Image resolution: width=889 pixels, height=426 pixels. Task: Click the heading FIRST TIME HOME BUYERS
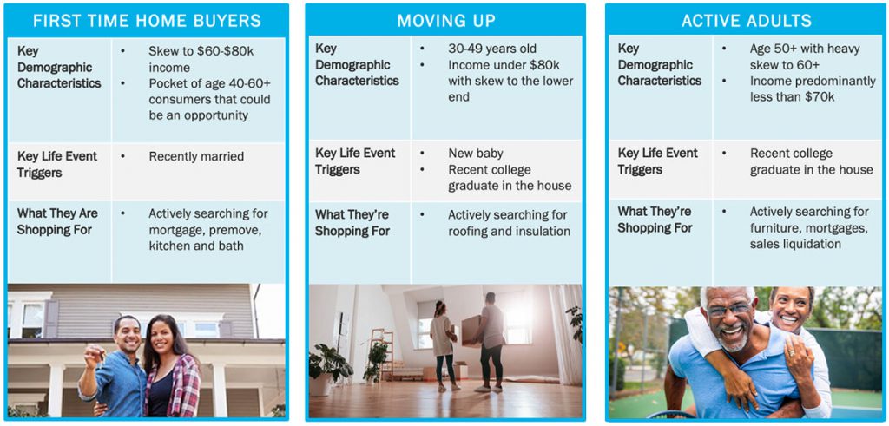tap(147, 21)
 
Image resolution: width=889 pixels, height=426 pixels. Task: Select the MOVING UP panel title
tap(446, 21)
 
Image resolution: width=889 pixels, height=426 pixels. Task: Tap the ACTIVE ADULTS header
tap(747, 21)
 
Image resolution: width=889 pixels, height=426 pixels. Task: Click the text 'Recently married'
tap(196, 156)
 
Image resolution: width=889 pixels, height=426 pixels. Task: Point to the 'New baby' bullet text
tap(476, 154)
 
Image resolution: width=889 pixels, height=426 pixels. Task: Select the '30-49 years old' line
tap(492, 49)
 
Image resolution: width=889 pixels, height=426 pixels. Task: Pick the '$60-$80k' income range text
tap(219, 51)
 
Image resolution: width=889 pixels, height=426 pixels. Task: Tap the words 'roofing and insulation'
tap(509, 231)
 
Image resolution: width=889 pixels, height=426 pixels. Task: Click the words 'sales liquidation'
tap(795, 244)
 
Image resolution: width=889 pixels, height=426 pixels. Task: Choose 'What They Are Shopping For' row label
tap(57, 221)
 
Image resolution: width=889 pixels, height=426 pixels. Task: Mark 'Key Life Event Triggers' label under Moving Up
tap(355, 161)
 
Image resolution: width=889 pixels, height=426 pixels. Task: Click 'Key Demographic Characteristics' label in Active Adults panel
tap(660, 64)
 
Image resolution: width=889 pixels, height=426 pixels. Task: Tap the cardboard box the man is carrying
tap(471, 330)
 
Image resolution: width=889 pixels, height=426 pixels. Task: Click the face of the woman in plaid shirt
tap(161, 334)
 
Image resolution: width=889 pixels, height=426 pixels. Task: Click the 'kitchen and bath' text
tap(196, 246)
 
